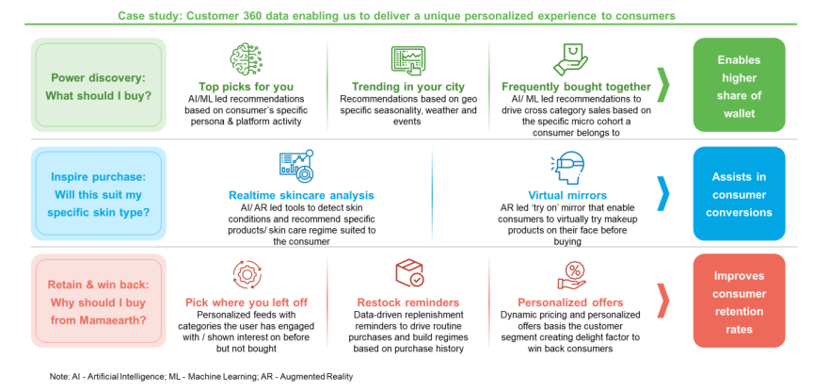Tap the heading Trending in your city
(x=408, y=86)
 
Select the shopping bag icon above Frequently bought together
(x=571, y=58)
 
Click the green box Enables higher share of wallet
(x=738, y=85)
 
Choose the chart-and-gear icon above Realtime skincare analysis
(x=295, y=166)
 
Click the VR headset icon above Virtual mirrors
(x=566, y=167)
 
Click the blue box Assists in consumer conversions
(x=738, y=193)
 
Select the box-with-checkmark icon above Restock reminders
(x=408, y=274)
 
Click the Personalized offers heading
(x=572, y=302)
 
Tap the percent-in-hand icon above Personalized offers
(x=572, y=274)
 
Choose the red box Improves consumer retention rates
(x=738, y=301)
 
